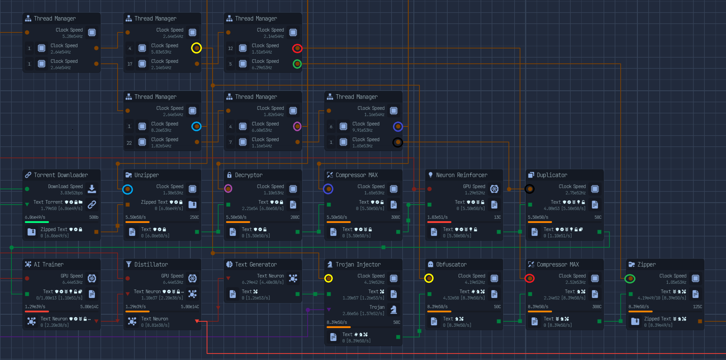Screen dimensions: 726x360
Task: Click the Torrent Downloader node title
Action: point(61,175)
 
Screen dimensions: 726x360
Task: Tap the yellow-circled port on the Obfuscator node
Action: point(429,278)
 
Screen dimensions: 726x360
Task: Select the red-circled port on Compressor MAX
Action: point(530,278)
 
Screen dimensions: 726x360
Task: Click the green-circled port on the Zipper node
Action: point(630,278)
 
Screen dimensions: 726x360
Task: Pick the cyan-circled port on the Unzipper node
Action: point(127,189)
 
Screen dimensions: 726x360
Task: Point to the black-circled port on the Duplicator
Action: point(530,189)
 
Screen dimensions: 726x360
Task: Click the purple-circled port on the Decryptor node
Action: point(228,189)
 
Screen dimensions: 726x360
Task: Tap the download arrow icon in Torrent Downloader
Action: point(92,189)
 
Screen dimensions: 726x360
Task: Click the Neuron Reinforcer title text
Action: point(462,175)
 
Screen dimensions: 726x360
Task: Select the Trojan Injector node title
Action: point(358,264)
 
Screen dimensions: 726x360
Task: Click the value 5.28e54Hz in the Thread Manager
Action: point(72,37)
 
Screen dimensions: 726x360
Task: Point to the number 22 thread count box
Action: point(129,143)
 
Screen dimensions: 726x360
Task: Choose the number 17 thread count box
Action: point(130,64)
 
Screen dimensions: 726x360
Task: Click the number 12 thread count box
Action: point(231,49)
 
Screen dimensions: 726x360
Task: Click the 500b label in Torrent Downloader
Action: point(94,217)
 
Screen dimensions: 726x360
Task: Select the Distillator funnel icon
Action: point(129,264)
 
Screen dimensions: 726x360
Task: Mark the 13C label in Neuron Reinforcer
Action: point(497,217)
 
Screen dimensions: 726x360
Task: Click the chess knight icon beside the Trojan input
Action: point(394,309)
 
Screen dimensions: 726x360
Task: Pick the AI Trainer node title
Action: point(48,264)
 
